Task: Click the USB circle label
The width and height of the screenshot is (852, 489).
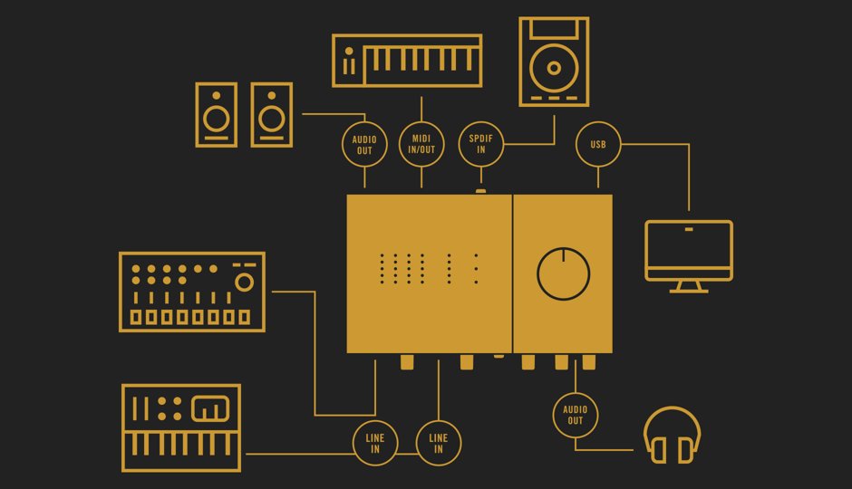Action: [598, 144]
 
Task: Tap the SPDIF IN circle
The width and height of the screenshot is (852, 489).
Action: [481, 144]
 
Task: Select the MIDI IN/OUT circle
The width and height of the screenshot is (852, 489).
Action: [421, 144]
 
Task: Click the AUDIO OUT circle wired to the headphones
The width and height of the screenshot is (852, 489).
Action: [576, 415]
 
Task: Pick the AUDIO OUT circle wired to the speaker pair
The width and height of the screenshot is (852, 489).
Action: [364, 145]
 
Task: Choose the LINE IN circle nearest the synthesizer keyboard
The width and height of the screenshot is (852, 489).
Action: [375, 444]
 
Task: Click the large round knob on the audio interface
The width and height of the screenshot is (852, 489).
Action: [564, 274]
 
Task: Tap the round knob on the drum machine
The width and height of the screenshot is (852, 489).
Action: [244, 283]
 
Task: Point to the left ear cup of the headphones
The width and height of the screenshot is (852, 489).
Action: [659, 450]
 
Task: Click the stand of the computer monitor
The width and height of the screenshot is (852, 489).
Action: [689, 286]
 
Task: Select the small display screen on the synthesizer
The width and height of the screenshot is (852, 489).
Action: [210, 408]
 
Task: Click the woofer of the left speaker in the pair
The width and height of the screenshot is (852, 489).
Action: [217, 119]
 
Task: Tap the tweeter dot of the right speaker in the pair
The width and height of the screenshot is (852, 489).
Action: [272, 95]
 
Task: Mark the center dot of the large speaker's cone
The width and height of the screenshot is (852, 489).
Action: [554, 69]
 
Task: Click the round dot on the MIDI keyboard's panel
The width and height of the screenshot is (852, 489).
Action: [349, 51]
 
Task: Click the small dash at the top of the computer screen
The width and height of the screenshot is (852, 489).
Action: [689, 230]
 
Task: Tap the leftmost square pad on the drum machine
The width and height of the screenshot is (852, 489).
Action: [136, 317]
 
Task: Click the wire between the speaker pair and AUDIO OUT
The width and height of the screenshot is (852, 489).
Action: [334, 114]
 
